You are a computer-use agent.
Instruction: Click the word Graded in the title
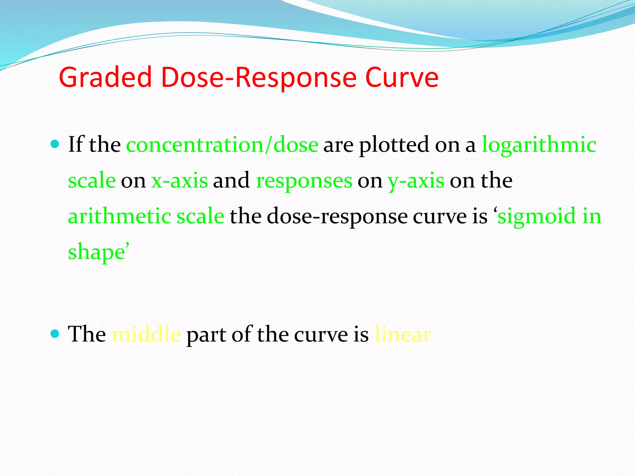point(105,77)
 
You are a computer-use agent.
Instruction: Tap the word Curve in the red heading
point(402,77)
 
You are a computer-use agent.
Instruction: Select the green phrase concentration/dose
point(222,145)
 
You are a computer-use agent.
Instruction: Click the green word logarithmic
point(539,145)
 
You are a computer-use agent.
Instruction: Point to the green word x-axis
point(180,181)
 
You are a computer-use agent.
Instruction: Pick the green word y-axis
point(416,181)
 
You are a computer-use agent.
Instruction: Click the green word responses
point(304,181)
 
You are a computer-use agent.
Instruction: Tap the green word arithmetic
point(119,216)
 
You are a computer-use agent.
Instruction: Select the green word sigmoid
point(537,216)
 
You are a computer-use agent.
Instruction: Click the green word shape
point(96,252)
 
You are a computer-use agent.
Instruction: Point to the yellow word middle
point(146,334)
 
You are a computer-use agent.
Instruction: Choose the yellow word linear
point(403,334)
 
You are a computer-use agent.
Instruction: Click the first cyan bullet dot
point(55,144)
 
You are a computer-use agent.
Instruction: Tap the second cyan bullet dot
point(55,334)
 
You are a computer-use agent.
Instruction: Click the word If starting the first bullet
point(76,145)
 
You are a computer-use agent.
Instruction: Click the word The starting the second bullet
point(87,334)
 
